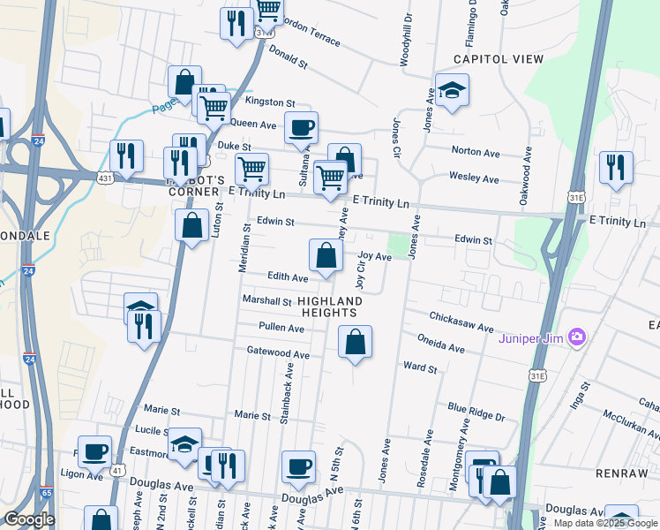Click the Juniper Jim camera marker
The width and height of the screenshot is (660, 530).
(578, 336)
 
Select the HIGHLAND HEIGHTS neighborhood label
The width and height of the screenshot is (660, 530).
(331, 307)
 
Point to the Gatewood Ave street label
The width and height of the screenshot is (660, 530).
(278, 353)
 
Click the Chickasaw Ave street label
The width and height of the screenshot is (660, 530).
(461, 322)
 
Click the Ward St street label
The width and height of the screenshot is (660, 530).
(419, 367)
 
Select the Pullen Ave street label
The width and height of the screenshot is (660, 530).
(281, 328)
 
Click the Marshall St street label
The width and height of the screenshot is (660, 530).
(266, 301)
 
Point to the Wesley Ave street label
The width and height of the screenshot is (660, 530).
(474, 177)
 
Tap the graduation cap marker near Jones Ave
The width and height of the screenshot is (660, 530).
(452, 91)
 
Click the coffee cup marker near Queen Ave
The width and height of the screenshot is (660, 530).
(301, 129)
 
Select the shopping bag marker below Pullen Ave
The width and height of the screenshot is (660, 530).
(355, 343)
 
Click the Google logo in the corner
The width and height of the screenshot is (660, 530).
(29, 519)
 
